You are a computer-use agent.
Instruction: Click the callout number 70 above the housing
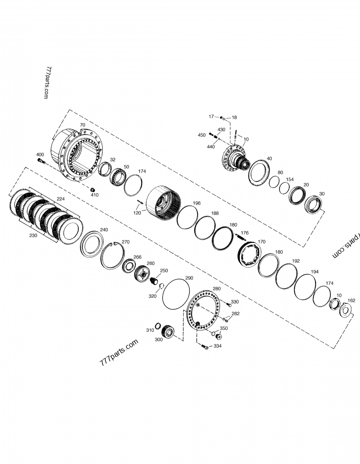[82, 125]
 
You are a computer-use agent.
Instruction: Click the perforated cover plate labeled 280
[205, 311]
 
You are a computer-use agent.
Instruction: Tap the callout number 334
[217, 346]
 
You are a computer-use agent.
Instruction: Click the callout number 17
[211, 116]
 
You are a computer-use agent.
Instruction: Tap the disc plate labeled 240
[92, 245]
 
